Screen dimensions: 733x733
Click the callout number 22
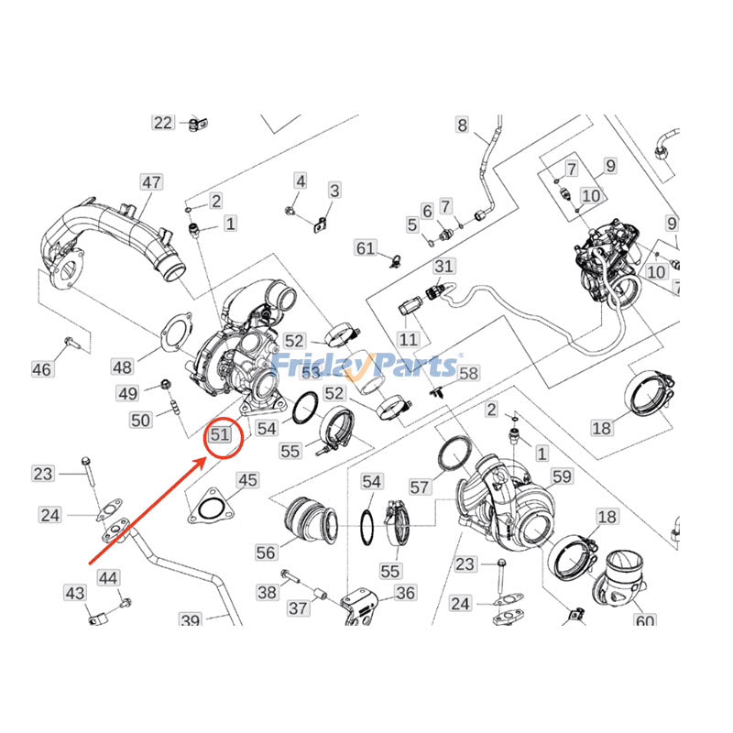coord(163,123)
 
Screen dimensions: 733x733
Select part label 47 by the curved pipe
coord(151,182)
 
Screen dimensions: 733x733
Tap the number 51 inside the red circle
coord(220,434)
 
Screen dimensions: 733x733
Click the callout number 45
coord(247,479)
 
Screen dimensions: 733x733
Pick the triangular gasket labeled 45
coord(210,507)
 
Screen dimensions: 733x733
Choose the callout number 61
coord(366,247)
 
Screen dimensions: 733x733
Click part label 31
coord(444,266)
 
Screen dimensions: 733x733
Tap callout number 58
coord(469,373)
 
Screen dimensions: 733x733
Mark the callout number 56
coord(266,552)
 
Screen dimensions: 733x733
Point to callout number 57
coord(419,488)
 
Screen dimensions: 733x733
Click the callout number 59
coord(561,476)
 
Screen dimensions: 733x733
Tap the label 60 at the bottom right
coord(644,622)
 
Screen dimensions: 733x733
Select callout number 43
coord(74,594)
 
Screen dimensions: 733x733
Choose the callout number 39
coord(190,621)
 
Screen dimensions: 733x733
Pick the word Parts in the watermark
coord(411,366)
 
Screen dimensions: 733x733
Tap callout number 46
coord(42,369)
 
